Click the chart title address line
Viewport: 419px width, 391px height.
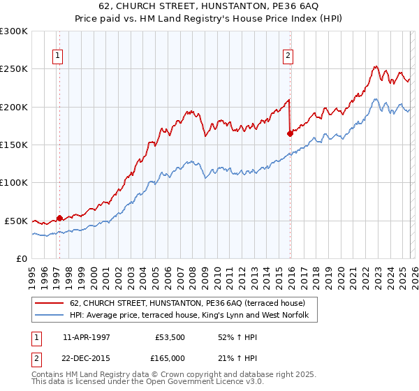209,6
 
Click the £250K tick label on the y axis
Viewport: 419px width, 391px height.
14,69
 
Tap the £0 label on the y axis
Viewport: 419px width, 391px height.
21,258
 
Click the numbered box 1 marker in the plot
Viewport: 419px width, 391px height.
59,57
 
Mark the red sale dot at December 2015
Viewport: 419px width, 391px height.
290,133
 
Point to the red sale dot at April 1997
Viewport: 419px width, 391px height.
59,218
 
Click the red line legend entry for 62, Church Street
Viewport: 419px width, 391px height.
187,304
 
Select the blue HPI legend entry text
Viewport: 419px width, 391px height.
193,316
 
